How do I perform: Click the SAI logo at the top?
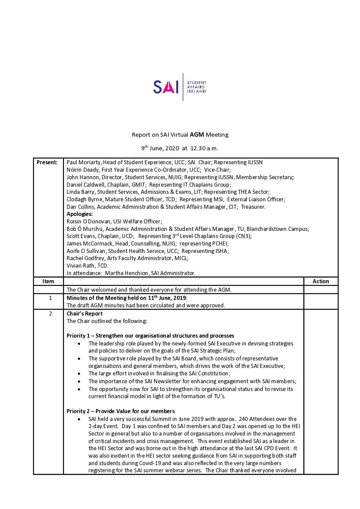pos(180,87)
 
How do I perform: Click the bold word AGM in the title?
pos(197,135)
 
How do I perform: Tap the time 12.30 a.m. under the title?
pos(204,148)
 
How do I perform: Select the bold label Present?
pos(47,163)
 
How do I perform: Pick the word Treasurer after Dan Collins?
pos(253,207)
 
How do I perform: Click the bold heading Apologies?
pos(80,214)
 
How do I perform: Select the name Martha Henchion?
pos(126,273)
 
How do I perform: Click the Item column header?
pos(48,282)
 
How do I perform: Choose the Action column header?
pos(321,282)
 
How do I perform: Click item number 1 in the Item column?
pos(50,298)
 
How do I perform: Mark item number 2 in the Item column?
pos(50,314)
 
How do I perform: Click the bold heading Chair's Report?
pos(84,314)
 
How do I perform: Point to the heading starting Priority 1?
pos(150,336)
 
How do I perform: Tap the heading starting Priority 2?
pos(120,411)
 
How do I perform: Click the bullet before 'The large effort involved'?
pos(79,374)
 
